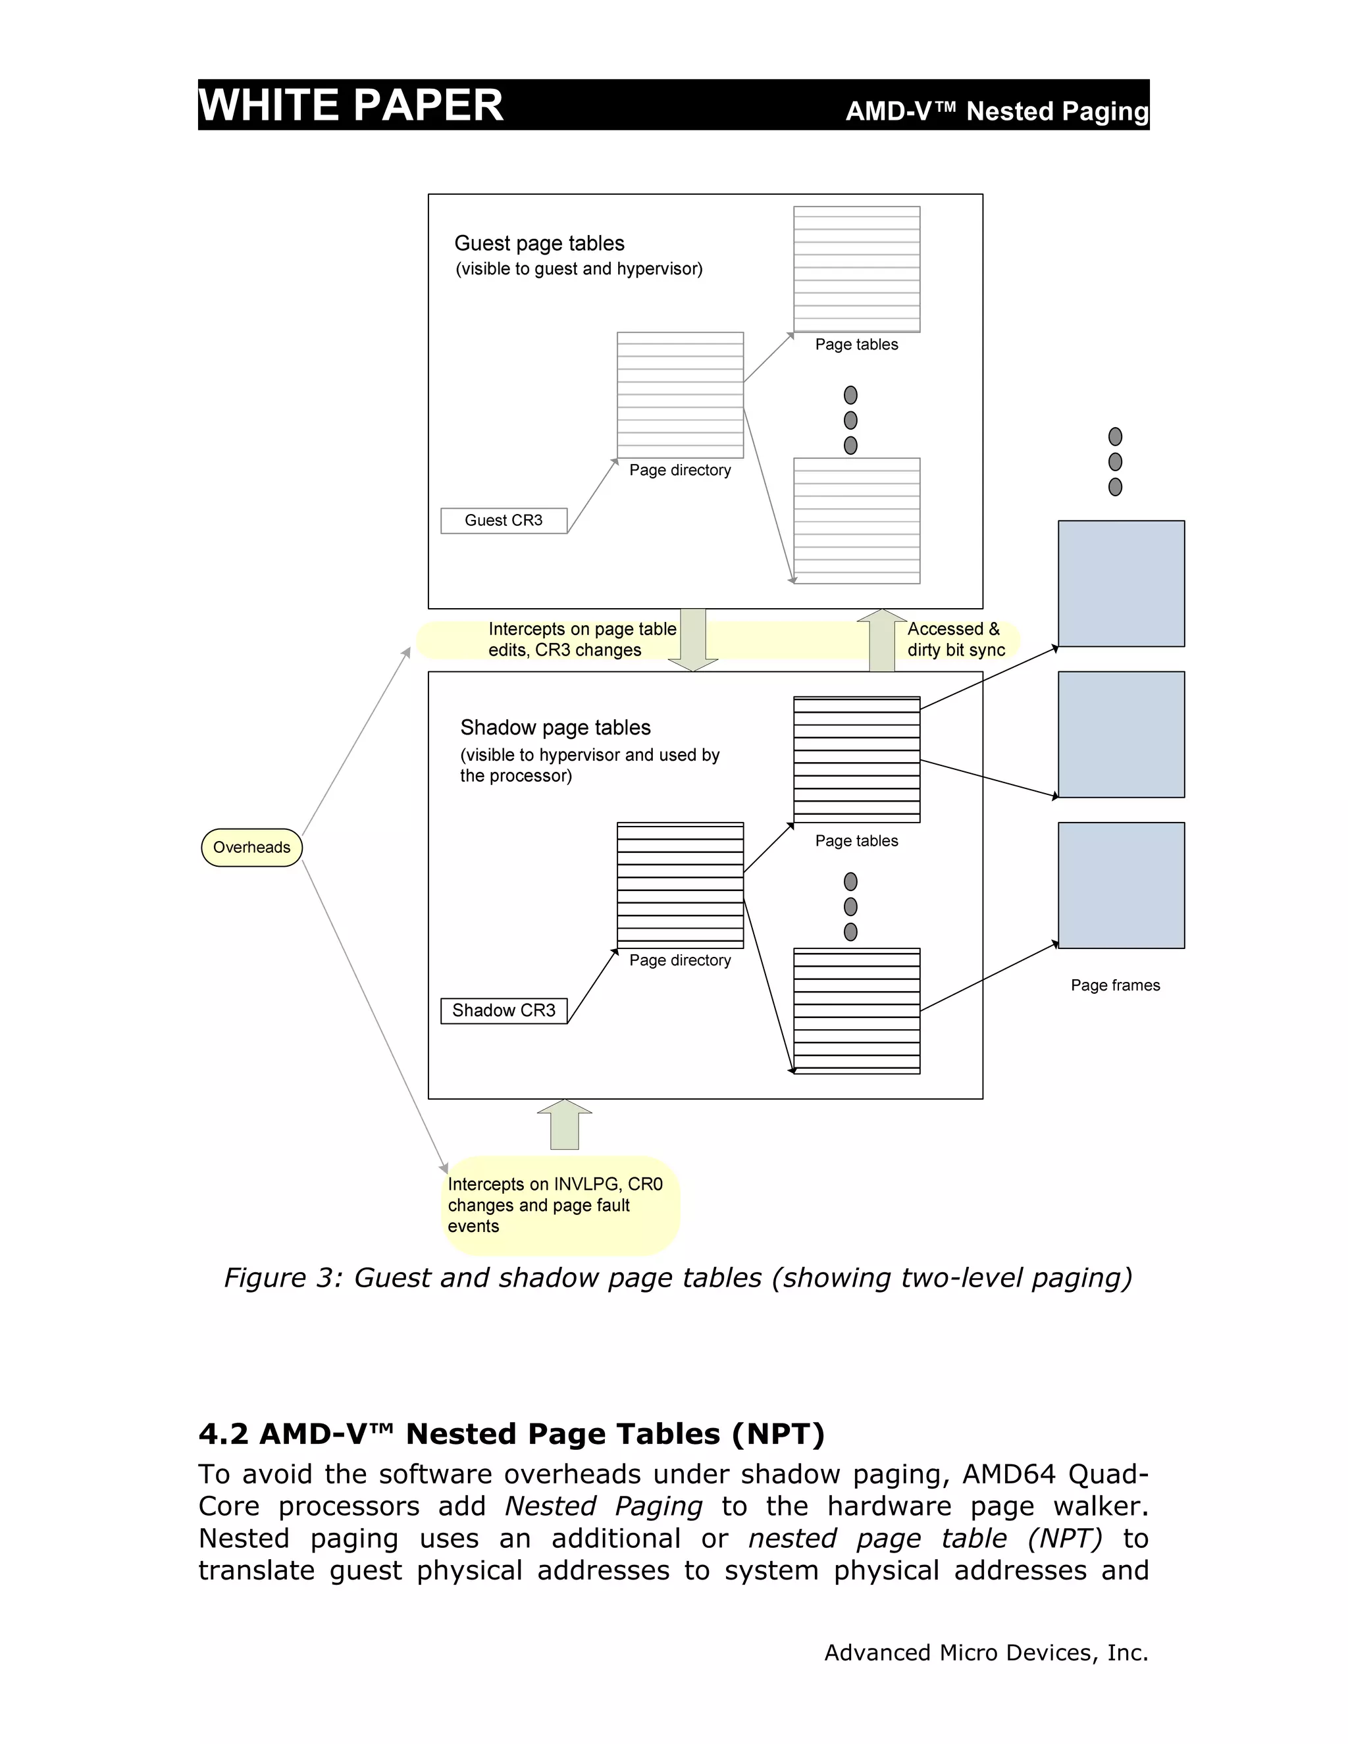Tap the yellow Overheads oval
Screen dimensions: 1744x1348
click(x=251, y=847)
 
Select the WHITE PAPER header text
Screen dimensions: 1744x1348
click(x=351, y=105)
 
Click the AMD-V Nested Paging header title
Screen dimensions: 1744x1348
click(x=996, y=111)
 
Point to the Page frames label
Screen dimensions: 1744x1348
click(x=1115, y=985)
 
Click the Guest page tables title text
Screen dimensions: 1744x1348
click(x=539, y=244)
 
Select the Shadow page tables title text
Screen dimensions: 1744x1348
click(x=555, y=727)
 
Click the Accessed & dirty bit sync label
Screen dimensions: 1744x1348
click(x=955, y=640)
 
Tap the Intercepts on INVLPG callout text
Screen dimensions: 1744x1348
click(x=554, y=1205)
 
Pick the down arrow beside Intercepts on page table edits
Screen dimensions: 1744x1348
click(x=692, y=640)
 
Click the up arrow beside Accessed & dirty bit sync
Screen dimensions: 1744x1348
click(x=881, y=640)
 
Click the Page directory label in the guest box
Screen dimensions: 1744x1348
click(x=679, y=471)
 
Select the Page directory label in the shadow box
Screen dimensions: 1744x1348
click(x=679, y=961)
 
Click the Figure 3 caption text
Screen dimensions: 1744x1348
click(x=677, y=1277)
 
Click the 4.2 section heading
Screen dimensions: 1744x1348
click(x=511, y=1434)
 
